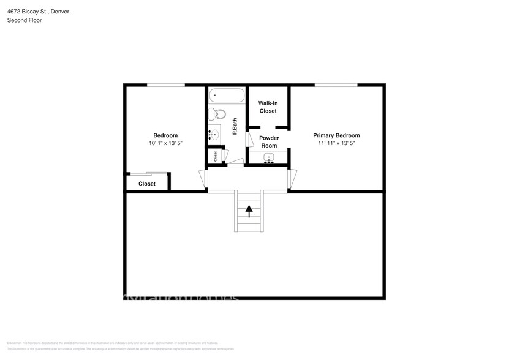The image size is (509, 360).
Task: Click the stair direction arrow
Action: pos(249,211)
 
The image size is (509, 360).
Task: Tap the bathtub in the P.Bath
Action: pos(227,96)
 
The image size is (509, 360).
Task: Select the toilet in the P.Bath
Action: pos(217,114)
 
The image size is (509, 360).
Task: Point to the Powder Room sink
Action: pos(268,159)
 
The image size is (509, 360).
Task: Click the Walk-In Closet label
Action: pos(268,107)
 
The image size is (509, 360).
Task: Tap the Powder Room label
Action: pos(269,141)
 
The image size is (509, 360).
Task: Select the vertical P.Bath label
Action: pos(235,126)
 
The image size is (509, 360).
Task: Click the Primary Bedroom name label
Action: pos(336,135)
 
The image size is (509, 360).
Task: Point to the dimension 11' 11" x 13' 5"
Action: pos(336,143)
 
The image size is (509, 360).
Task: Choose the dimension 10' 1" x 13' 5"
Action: pos(165,143)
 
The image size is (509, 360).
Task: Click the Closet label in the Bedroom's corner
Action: pos(147,184)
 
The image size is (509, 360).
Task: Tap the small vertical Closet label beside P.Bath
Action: pos(216,157)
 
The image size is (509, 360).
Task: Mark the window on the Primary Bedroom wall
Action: pos(336,84)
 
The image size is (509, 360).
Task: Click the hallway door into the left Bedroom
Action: pos(203,179)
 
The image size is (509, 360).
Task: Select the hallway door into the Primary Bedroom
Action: pos(292,179)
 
